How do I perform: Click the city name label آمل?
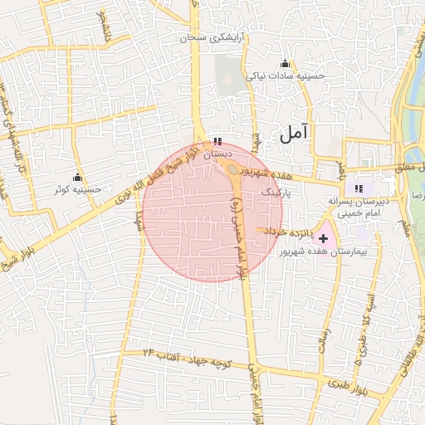pyautogui.click(x=294, y=131)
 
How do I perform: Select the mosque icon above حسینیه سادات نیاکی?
pyautogui.click(x=286, y=63)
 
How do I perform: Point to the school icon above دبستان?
pyautogui.click(x=217, y=142)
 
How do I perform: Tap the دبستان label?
pyautogui.click(x=217, y=154)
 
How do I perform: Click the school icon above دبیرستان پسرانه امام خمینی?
pyautogui.click(x=359, y=188)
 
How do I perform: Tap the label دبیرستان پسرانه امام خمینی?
pyautogui.click(x=359, y=207)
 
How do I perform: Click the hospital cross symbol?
pyautogui.click(x=323, y=238)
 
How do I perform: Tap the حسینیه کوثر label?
pyautogui.click(x=78, y=189)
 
